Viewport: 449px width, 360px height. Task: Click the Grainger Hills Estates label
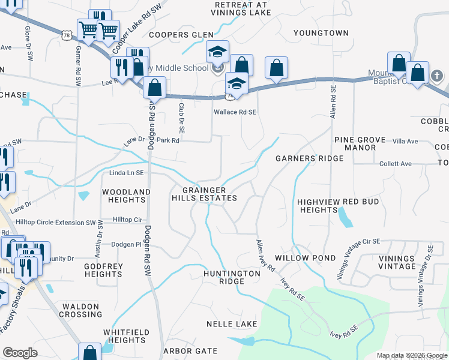tap(204, 194)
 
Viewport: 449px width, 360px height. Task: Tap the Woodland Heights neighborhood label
tap(126, 196)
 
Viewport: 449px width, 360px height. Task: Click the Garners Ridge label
tap(309, 158)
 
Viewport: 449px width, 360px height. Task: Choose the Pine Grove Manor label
tap(360, 143)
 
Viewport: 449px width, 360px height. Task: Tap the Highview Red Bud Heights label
tap(338, 206)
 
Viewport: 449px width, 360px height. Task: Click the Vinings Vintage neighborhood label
tap(397, 262)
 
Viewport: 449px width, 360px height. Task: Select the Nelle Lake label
tap(232, 324)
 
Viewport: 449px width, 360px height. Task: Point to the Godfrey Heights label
tap(104, 270)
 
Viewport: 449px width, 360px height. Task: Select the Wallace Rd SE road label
tap(235, 112)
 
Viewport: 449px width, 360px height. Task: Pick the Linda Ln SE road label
tap(126, 173)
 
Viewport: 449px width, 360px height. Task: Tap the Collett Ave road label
tap(396, 164)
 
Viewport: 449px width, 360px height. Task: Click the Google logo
tap(20, 353)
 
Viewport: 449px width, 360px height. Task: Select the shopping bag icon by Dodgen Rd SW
tap(155, 89)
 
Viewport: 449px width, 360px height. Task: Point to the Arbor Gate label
tap(191, 350)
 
